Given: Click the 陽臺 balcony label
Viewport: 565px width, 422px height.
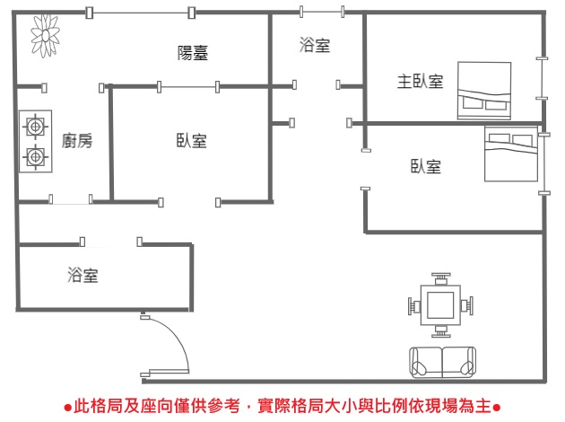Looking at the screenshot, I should click(193, 53).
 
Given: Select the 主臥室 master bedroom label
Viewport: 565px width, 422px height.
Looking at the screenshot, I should click(421, 82).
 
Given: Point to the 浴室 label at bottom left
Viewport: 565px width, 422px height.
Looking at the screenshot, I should click(83, 275).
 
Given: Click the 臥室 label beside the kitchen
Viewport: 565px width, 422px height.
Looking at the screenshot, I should click(192, 141).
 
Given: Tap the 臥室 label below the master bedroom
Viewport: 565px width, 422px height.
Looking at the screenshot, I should click(426, 166).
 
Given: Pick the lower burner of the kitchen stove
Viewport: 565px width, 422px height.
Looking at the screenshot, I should click(35, 157).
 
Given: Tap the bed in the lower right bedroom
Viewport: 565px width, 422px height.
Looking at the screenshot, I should click(510, 154).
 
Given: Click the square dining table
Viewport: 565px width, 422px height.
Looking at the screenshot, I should click(439, 305).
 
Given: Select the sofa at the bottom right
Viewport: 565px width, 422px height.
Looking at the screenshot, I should click(442, 361).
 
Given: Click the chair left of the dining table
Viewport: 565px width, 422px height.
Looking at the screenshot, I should click(414, 306).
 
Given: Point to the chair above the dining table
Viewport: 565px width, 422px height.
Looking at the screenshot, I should click(439, 279).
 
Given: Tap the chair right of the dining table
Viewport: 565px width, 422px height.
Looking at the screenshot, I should click(465, 306).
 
